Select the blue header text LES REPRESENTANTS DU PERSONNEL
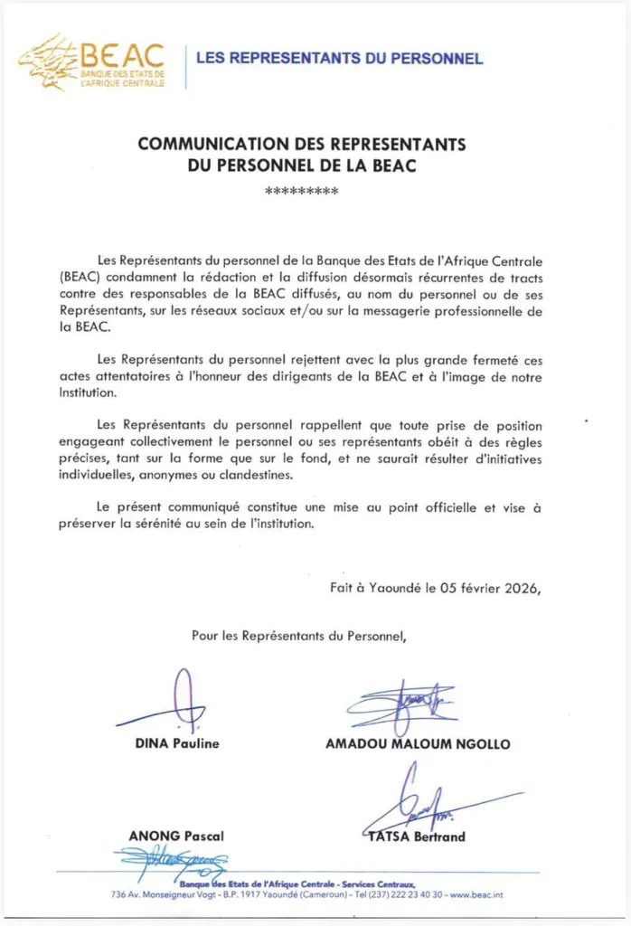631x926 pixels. [339, 59]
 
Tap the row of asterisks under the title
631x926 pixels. [301, 192]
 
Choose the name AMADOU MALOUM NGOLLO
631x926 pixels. [418, 744]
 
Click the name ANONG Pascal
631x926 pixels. [176, 836]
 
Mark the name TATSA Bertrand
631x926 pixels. [417, 836]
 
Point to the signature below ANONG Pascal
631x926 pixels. [172, 865]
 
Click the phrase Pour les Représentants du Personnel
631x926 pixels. [299, 636]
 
